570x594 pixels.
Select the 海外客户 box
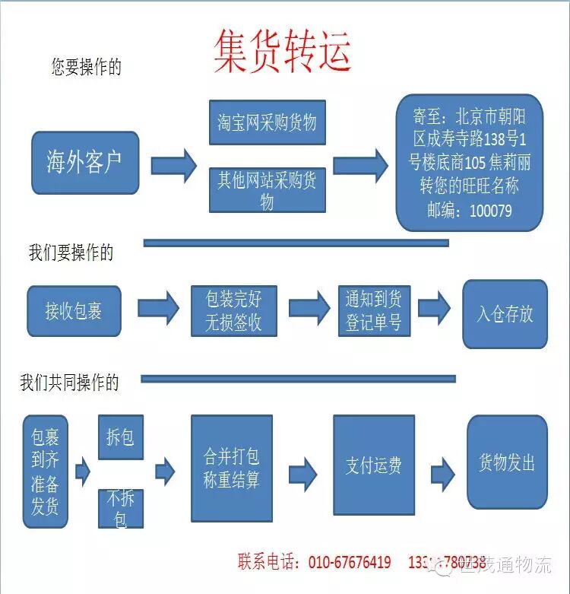pyautogui.click(x=84, y=163)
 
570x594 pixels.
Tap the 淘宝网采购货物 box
pyautogui.click(x=267, y=122)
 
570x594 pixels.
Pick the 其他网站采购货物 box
pyautogui.click(x=267, y=189)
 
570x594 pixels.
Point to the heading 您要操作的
pyautogui.click(x=86, y=67)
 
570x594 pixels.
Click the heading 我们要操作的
pyautogui.click(x=71, y=253)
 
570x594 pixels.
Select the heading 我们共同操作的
pyautogui.click(x=69, y=383)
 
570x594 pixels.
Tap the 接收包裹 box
pyautogui.click(x=74, y=310)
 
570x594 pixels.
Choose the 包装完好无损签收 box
pyautogui.click(x=233, y=310)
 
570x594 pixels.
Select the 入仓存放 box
pyautogui.click(x=505, y=314)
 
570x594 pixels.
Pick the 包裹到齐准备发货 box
pyautogui.click(x=45, y=472)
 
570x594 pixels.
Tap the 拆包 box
pyautogui.click(x=120, y=437)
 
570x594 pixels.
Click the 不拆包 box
pyautogui.click(x=120, y=509)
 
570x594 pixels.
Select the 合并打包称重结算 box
pyautogui.click(x=231, y=468)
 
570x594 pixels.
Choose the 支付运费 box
pyautogui.click(x=373, y=465)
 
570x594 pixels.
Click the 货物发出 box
pyautogui.click(x=506, y=462)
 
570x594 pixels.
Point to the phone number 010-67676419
pyautogui.click(x=350, y=563)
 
